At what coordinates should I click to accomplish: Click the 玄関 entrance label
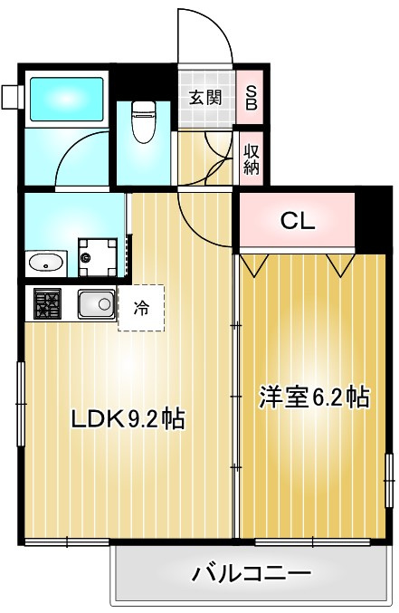click(x=205, y=98)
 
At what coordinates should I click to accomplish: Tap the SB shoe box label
click(x=251, y=98)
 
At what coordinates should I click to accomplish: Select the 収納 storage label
click(x=252, y=159)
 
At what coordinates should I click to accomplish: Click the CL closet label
click(x=298, y=221)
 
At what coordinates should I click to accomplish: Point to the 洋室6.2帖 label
click(x=314, y=397)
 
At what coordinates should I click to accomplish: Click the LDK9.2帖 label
click(x=128, y=419)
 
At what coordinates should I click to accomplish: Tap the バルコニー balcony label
click(x=251, y=574)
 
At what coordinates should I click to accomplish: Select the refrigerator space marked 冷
click(x=141, y=308)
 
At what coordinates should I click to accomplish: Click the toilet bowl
click(x=144, y=122)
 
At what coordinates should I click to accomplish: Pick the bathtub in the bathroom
click(x=67, y=100)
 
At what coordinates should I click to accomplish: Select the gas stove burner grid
click(x=47, y=303)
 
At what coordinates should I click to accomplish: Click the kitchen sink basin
click(x=96, y=303)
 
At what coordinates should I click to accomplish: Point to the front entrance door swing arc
click(x=218, y=24)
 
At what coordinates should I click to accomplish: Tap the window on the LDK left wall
click(x=21, y=404)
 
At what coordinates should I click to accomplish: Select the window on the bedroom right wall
click(x=389, y=481)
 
